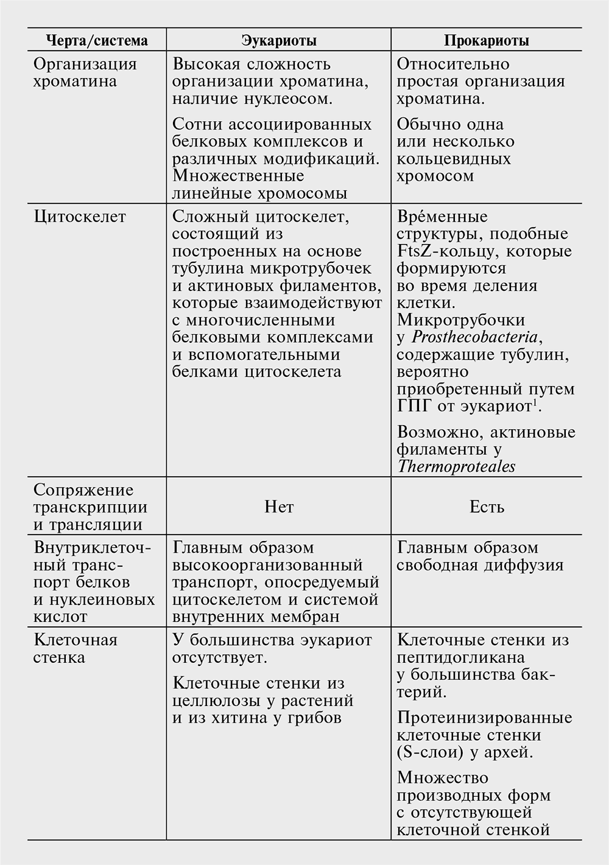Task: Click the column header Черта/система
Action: [97, 41]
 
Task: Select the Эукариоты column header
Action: [279, 41]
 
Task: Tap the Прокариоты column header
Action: [487, 41]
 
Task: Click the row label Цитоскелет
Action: [80, 217]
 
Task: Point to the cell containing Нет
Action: [279, 507]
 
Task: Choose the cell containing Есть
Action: [487, 507]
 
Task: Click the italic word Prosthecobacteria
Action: [476, 337]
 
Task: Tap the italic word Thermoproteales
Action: [456, 467]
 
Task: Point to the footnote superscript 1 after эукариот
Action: [535, 402]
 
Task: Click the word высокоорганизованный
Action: [267, 565]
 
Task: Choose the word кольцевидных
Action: [454, 159]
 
